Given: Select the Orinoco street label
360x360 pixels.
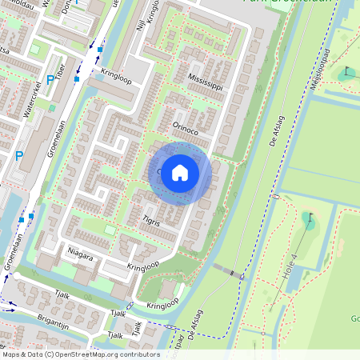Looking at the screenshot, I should click(x=186, y=126).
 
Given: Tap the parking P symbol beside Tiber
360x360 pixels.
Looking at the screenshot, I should click(x=50, y=80).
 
